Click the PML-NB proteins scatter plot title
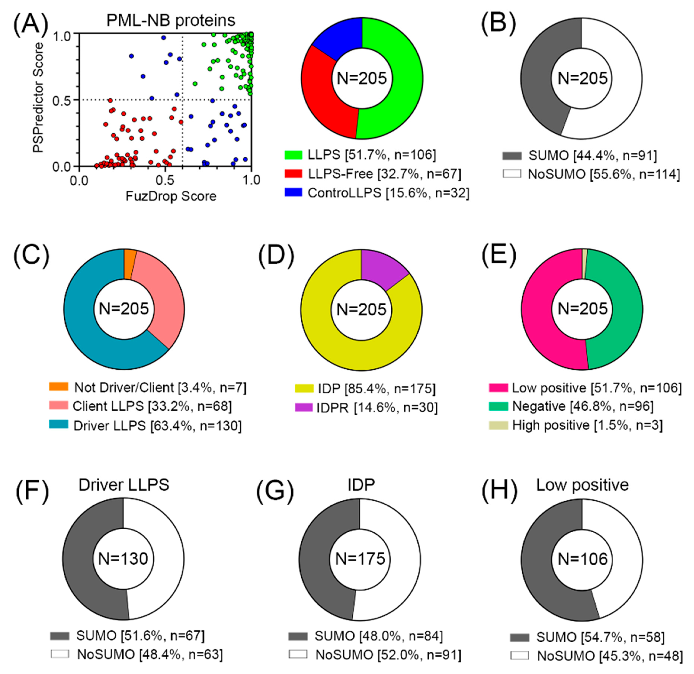(171, 20)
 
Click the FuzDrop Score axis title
(171, 196)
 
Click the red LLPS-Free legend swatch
(293, 174)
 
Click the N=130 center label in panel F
(123, 559)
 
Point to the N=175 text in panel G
(360, 559)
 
